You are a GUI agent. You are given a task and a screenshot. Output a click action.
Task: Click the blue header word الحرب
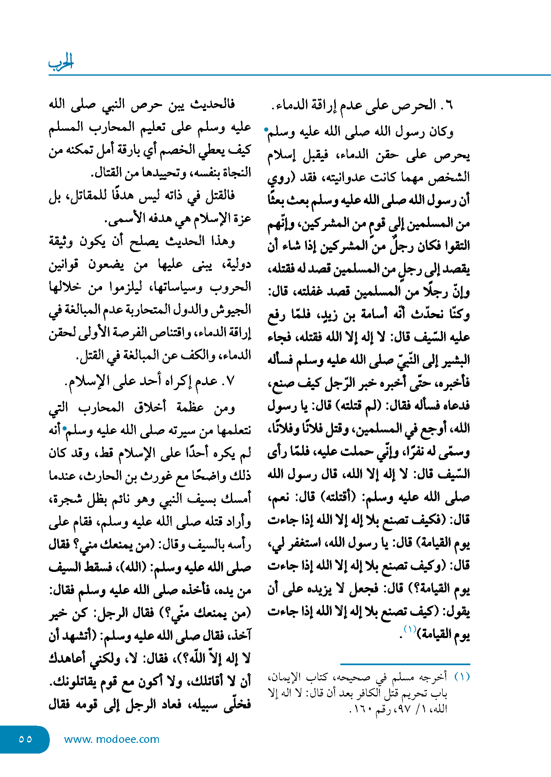(x=61, y=62)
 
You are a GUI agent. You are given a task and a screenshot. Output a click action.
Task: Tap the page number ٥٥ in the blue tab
(x=25, y=739)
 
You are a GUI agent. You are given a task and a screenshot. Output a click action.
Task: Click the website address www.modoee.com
(x=112, y=739)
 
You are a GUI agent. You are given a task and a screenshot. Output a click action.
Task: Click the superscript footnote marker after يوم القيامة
(x=410, y=629)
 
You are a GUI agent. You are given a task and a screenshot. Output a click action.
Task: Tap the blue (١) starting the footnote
(x=462, y=677)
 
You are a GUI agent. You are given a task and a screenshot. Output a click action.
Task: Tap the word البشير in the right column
(x=457, y=361)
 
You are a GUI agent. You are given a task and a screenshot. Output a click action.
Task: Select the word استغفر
(x=302, y=543)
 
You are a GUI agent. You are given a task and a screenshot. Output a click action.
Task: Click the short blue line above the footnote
(x=405, y=664)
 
